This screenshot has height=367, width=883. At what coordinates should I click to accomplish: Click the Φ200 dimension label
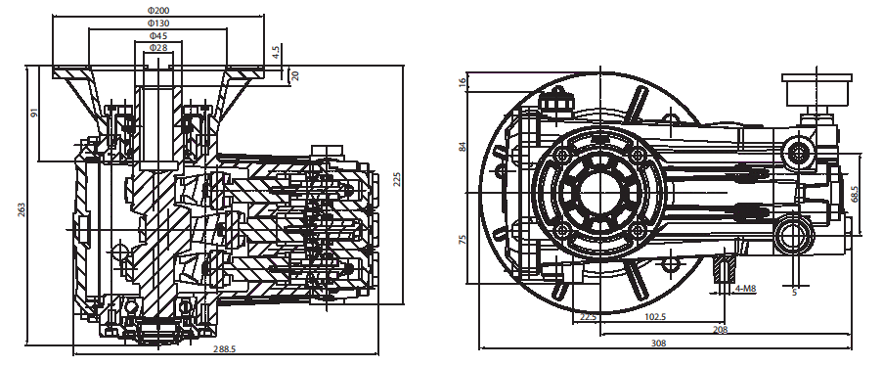tap(158, 10)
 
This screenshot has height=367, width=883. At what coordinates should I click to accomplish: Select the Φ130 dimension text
tap(158, 23)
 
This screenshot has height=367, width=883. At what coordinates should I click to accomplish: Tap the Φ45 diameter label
tap(158, 35)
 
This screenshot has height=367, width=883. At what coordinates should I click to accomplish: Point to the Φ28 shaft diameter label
tap(158, 48)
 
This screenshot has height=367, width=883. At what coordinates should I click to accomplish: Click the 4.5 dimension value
tap(276, 53)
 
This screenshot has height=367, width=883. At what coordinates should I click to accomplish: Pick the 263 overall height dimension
tap(22, 210)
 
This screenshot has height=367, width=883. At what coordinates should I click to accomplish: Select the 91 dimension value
tap(34, 113)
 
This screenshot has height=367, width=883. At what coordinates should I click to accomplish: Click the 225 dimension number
tap(396, 180)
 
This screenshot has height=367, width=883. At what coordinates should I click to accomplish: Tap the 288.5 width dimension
tap(225, 349)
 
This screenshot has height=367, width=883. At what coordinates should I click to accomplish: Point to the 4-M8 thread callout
tap(745, 290)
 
